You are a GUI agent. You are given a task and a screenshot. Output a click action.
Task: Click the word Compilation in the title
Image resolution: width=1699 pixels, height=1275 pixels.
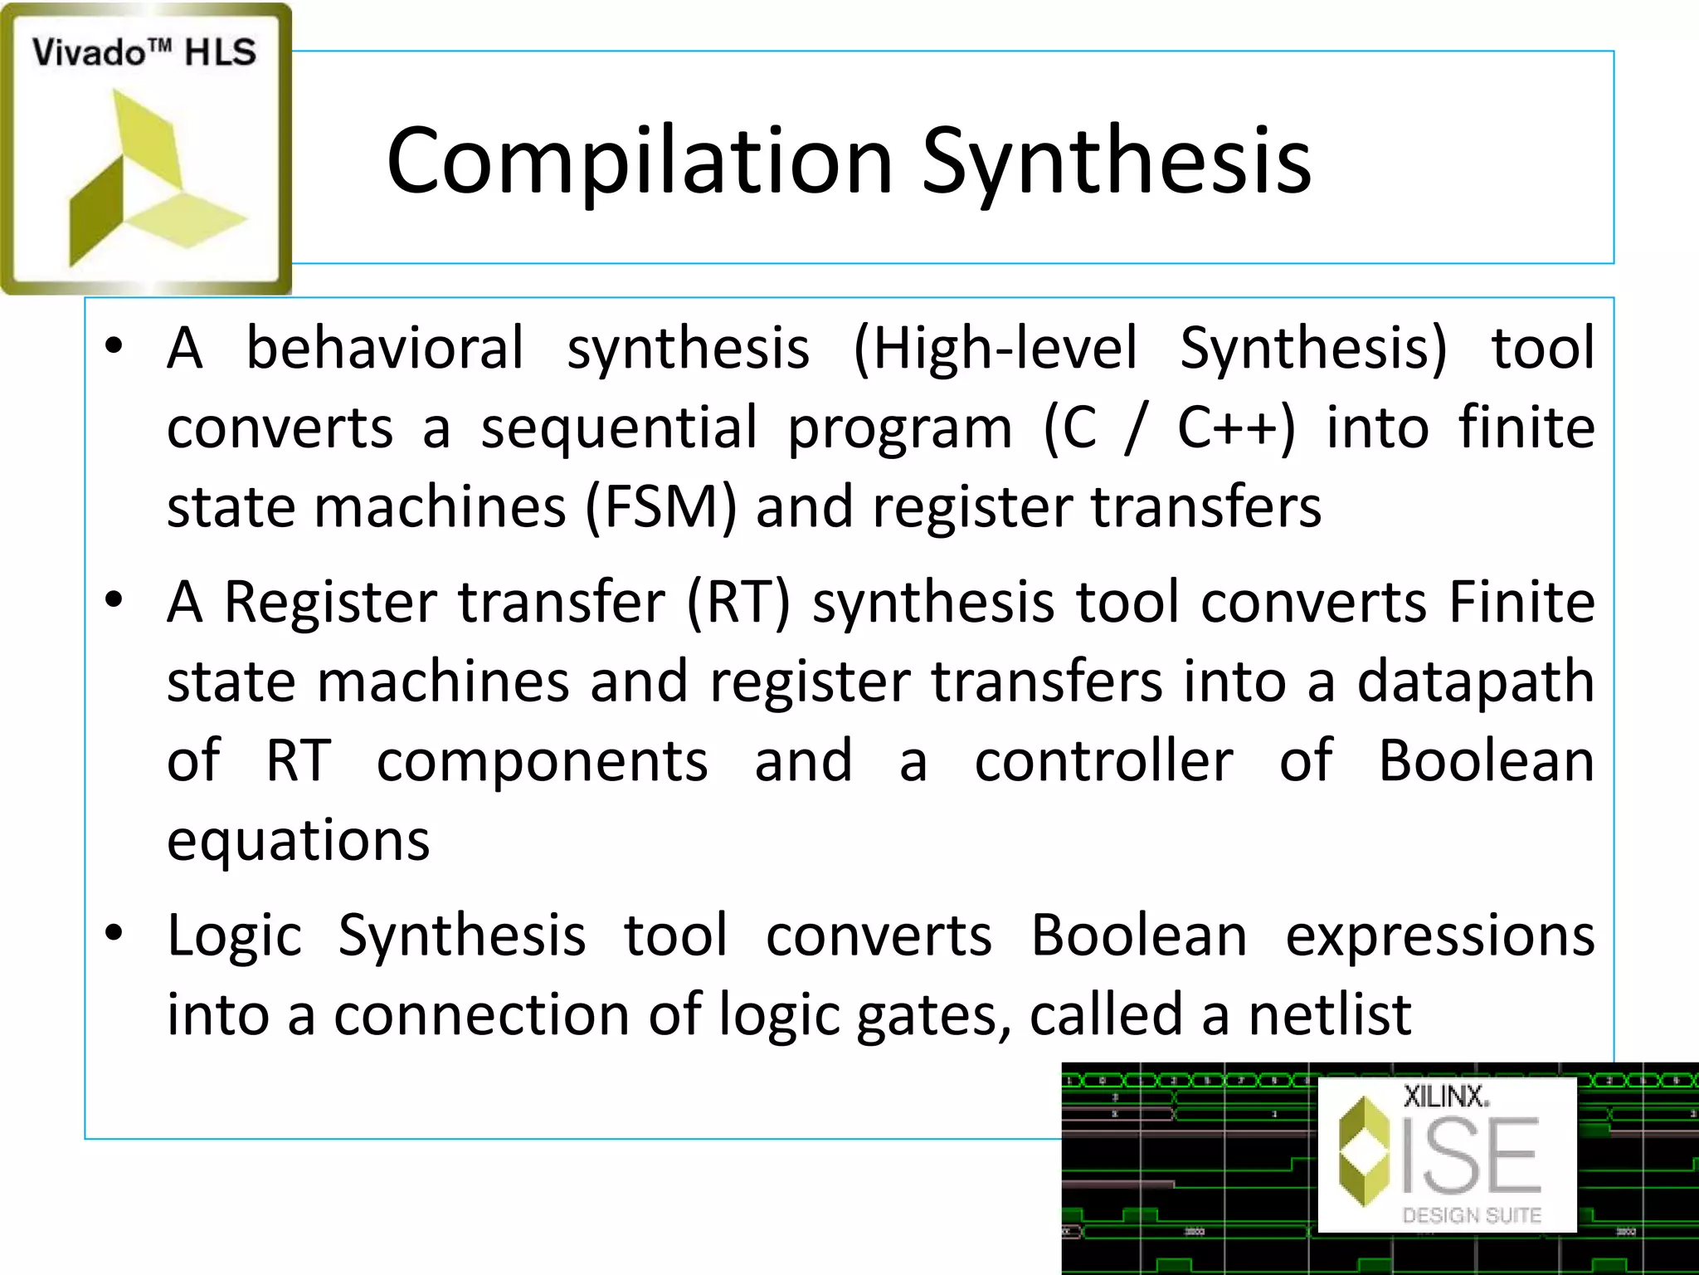point(639,162)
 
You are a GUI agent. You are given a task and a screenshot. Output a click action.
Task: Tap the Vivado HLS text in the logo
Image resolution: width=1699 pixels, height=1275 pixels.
point(144,53)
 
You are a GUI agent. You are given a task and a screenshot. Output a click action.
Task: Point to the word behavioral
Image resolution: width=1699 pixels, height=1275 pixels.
point(385,348)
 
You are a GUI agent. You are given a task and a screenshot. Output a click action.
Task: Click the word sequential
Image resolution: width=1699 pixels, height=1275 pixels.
point(619,427)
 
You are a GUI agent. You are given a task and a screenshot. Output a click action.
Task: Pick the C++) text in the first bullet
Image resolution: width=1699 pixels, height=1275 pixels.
point(1236,427)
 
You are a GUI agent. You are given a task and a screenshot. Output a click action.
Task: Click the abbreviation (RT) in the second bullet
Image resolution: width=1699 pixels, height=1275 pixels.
point(738,601)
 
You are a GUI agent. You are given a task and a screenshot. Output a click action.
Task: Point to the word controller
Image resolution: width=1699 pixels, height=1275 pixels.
point(1103,760)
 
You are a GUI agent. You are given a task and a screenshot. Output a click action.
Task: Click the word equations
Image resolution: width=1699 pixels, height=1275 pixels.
point(299,840)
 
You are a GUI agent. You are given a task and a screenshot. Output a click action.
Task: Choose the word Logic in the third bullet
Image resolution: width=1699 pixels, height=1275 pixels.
point(234,935)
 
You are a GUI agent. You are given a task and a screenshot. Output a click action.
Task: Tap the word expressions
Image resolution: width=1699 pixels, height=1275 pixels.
point(1439,935)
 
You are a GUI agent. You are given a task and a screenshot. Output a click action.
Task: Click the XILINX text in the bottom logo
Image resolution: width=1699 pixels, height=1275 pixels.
point(1446,1097)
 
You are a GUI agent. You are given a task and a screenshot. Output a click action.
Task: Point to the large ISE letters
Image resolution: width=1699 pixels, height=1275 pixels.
point(1470,1155)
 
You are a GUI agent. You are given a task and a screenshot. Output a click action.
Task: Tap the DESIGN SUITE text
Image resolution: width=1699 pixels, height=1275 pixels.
point(1472,1215)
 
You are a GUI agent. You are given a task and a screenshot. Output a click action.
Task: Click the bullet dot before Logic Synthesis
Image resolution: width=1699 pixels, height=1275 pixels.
point(114,934)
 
